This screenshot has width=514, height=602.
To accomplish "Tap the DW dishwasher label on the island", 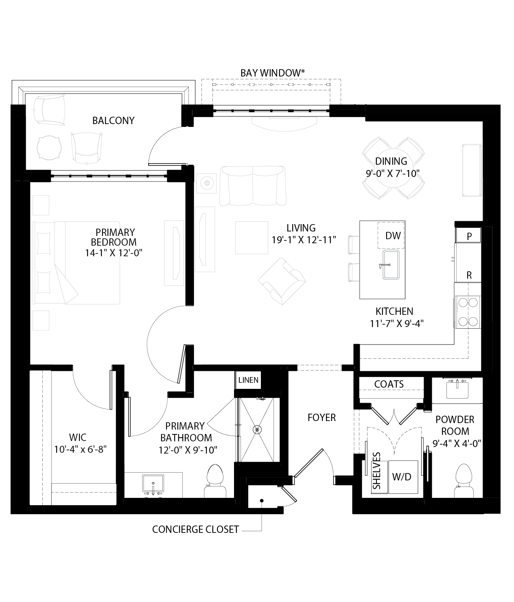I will tap(393, 236).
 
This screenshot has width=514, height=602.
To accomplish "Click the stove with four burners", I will tap(468, 312).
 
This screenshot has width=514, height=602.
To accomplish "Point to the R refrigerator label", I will tap(469, 275).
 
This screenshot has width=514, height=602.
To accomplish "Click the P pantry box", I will tap(469, 236).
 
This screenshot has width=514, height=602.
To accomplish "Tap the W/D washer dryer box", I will tap(402, 477).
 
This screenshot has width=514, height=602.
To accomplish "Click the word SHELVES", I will tap(377, 471).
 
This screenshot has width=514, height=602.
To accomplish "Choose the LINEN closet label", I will tap(248, 380).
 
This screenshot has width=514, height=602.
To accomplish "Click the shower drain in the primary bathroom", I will tap(257, 429).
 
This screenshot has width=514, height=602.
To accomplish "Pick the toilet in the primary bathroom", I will tap(216, 481).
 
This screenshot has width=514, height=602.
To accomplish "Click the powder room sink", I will tap(458, 389).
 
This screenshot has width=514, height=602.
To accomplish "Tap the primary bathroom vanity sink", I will tap(153, 484).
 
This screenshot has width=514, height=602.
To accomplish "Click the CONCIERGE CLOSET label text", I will tap(195, 530).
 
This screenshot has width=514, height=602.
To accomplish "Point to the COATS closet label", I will tap(389, 384).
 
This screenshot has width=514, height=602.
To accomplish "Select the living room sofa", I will tap(252, 185).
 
